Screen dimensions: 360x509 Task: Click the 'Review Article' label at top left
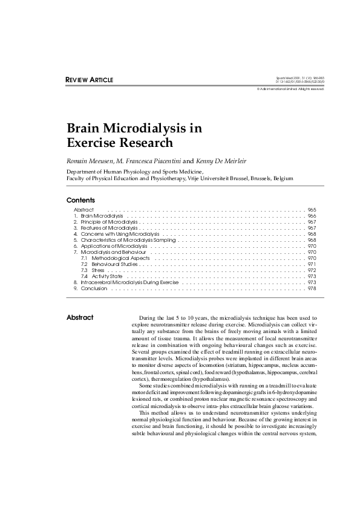tap(89, 80)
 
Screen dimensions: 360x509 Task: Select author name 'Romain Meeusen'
tap(91, 161)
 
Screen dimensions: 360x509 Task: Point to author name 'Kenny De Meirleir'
tap(217, 161)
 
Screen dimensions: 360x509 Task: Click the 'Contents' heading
tap(80, 200)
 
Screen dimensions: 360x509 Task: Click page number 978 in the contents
tap(312, 288)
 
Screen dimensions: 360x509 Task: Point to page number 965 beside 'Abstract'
tap(312, 210)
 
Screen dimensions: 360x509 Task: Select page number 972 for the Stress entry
tap(312, 270)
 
